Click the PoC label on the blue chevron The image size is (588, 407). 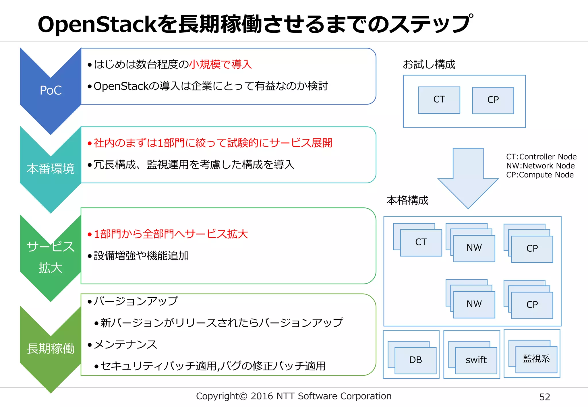click(x=51, y=90)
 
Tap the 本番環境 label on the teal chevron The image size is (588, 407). click(x=51, y=169)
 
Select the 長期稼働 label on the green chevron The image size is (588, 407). click(x=51, y=348)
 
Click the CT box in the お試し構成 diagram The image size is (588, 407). click(x=439, y=100)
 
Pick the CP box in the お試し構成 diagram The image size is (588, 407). click(x=493, y=100)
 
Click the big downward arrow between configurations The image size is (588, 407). click(x=468, y=178)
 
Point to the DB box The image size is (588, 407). click(x=415, y=360)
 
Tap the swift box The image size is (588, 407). click(x=476, y=360)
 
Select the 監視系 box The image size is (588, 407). click(x=536, y=359)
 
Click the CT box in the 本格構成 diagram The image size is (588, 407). click(x=421, y=243)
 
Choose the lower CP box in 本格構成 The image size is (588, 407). click(x=532, y=305)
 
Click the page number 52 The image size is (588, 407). click(x=545, y=397)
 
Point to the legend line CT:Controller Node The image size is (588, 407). click(x=541, y=157)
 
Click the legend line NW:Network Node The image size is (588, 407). click(x=540, y=166)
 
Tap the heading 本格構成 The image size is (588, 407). click(x=407, y=200)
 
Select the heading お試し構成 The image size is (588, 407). click(x=429, y=65)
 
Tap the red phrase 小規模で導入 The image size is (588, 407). click(x=220, y=65)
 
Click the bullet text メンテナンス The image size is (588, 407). click(x=125, y=344)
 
